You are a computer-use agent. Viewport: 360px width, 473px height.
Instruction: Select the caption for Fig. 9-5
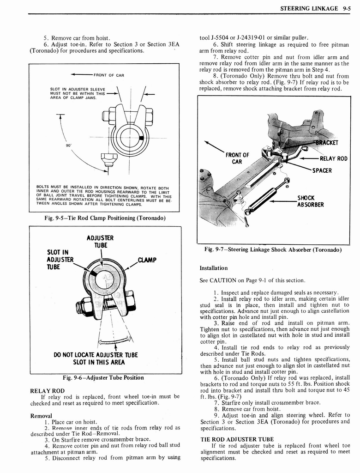(104, 218)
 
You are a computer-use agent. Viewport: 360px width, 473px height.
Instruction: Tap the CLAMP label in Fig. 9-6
(147, 260)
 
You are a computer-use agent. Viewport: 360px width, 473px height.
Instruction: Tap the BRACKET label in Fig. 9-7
(327, 142)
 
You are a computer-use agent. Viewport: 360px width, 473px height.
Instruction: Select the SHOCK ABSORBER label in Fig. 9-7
(310, 201)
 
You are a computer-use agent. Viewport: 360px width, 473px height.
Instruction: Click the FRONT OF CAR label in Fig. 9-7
(237, 158)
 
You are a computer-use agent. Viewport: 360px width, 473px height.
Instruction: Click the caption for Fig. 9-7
(273, 249)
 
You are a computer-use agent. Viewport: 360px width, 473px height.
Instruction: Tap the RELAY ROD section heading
(47, 391)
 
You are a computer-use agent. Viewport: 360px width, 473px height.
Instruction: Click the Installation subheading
(213, 268)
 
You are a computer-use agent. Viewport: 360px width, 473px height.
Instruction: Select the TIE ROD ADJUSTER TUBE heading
(237, 439)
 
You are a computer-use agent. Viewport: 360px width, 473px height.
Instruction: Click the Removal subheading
(41, 416)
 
